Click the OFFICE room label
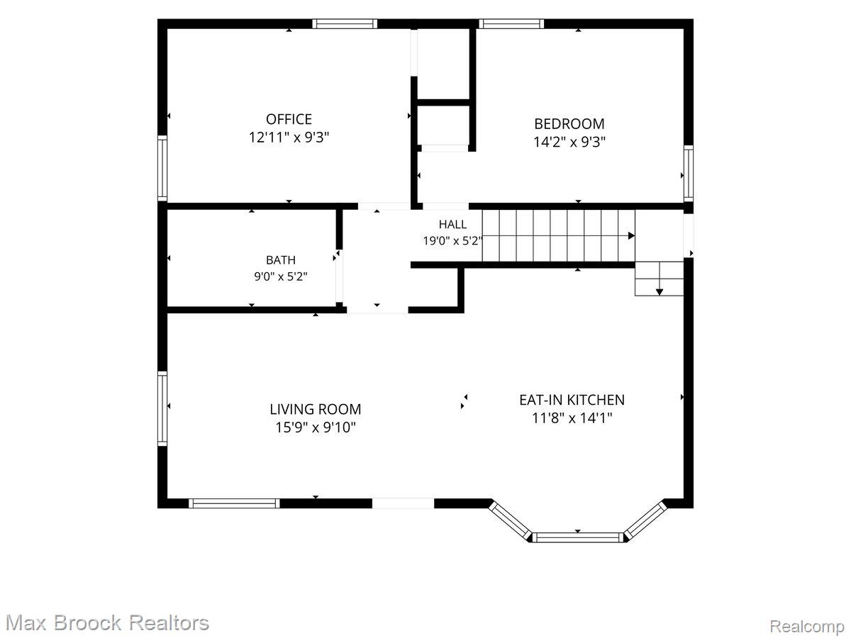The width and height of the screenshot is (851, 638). pos(289,119)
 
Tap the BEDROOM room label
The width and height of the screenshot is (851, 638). pos(569,124)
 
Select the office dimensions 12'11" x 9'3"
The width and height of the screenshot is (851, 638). pos(289,138)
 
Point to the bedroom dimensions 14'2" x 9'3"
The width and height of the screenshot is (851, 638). pos(569,142)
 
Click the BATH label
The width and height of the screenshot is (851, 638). pos(281,260)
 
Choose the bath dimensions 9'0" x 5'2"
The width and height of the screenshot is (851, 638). pos(281,276)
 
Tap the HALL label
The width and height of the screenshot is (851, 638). pos(452,224)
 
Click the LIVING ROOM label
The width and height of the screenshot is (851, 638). pos(315,410)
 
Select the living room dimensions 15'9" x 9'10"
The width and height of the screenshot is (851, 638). pos(315,427)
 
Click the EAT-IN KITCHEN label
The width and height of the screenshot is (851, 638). pos(572,400)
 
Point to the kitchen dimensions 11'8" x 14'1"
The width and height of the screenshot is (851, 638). pos(572,418)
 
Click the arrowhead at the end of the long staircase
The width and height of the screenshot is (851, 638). pos(631,235)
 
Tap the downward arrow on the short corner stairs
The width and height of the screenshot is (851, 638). pos(659,292)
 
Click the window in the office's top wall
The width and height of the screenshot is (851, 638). pos(345,23)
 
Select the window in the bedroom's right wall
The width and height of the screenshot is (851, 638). pos(688,173)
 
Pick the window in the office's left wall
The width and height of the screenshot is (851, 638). pos(162,168)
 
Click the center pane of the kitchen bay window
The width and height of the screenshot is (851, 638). pos(577,537)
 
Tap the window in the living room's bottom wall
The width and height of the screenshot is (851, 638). pos(234,503)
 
